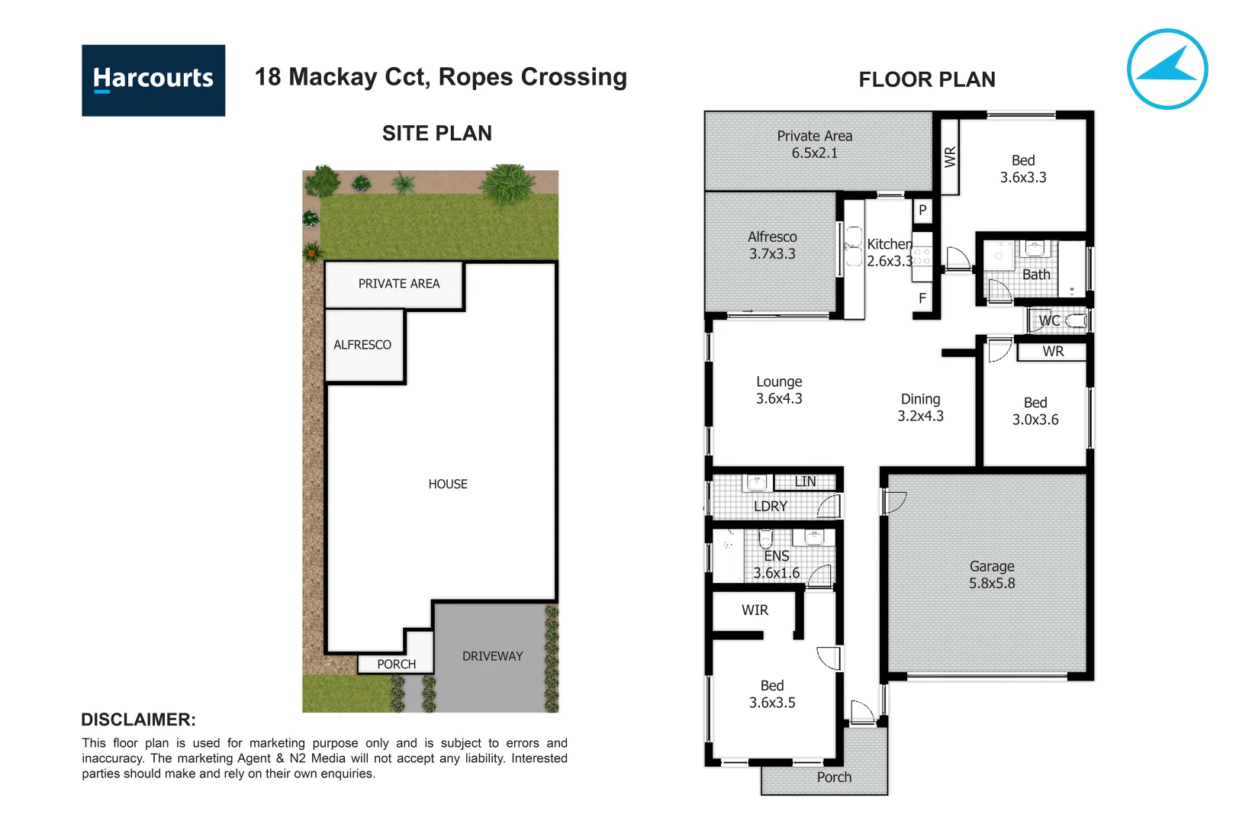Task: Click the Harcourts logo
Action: [153, 80]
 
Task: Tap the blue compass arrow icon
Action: [1167, 69]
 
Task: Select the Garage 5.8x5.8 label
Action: [992, 575]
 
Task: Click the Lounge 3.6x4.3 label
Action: [779, 390]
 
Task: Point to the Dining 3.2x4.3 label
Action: [920, 407]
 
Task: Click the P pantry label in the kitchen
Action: [922, 210]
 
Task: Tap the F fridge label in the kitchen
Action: [922, 298]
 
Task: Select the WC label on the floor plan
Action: [1050, 321]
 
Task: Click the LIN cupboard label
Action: [805, 481]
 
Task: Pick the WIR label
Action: [755, 610]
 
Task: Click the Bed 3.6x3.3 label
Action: [1023, 169]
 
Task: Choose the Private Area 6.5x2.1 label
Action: [814, 144]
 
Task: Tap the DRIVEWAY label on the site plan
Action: [492, 656]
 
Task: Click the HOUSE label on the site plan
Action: [448, 484]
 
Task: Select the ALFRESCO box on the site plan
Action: [363, 345]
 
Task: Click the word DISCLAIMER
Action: [138, 719]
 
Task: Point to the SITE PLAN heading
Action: [436, 134]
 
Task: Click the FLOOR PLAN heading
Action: [926, 79]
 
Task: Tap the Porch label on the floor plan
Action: [834, 777]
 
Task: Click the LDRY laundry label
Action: [770, 506]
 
